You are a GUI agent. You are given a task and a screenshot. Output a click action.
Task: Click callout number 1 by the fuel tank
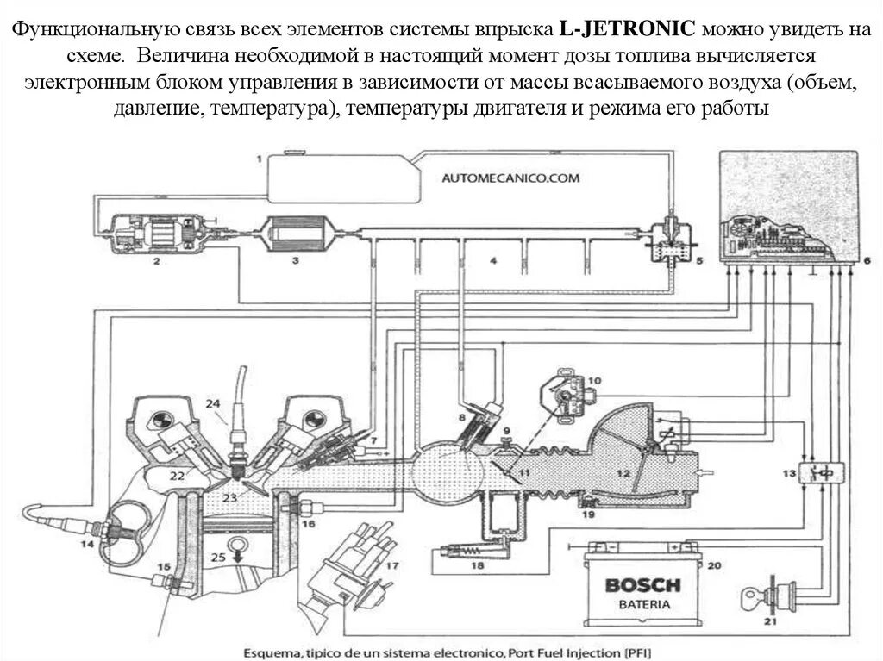click(257, 159)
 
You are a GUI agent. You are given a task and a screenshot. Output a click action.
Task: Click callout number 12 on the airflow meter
click(623, 473)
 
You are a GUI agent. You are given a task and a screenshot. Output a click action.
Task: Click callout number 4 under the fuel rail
click(494, 259)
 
